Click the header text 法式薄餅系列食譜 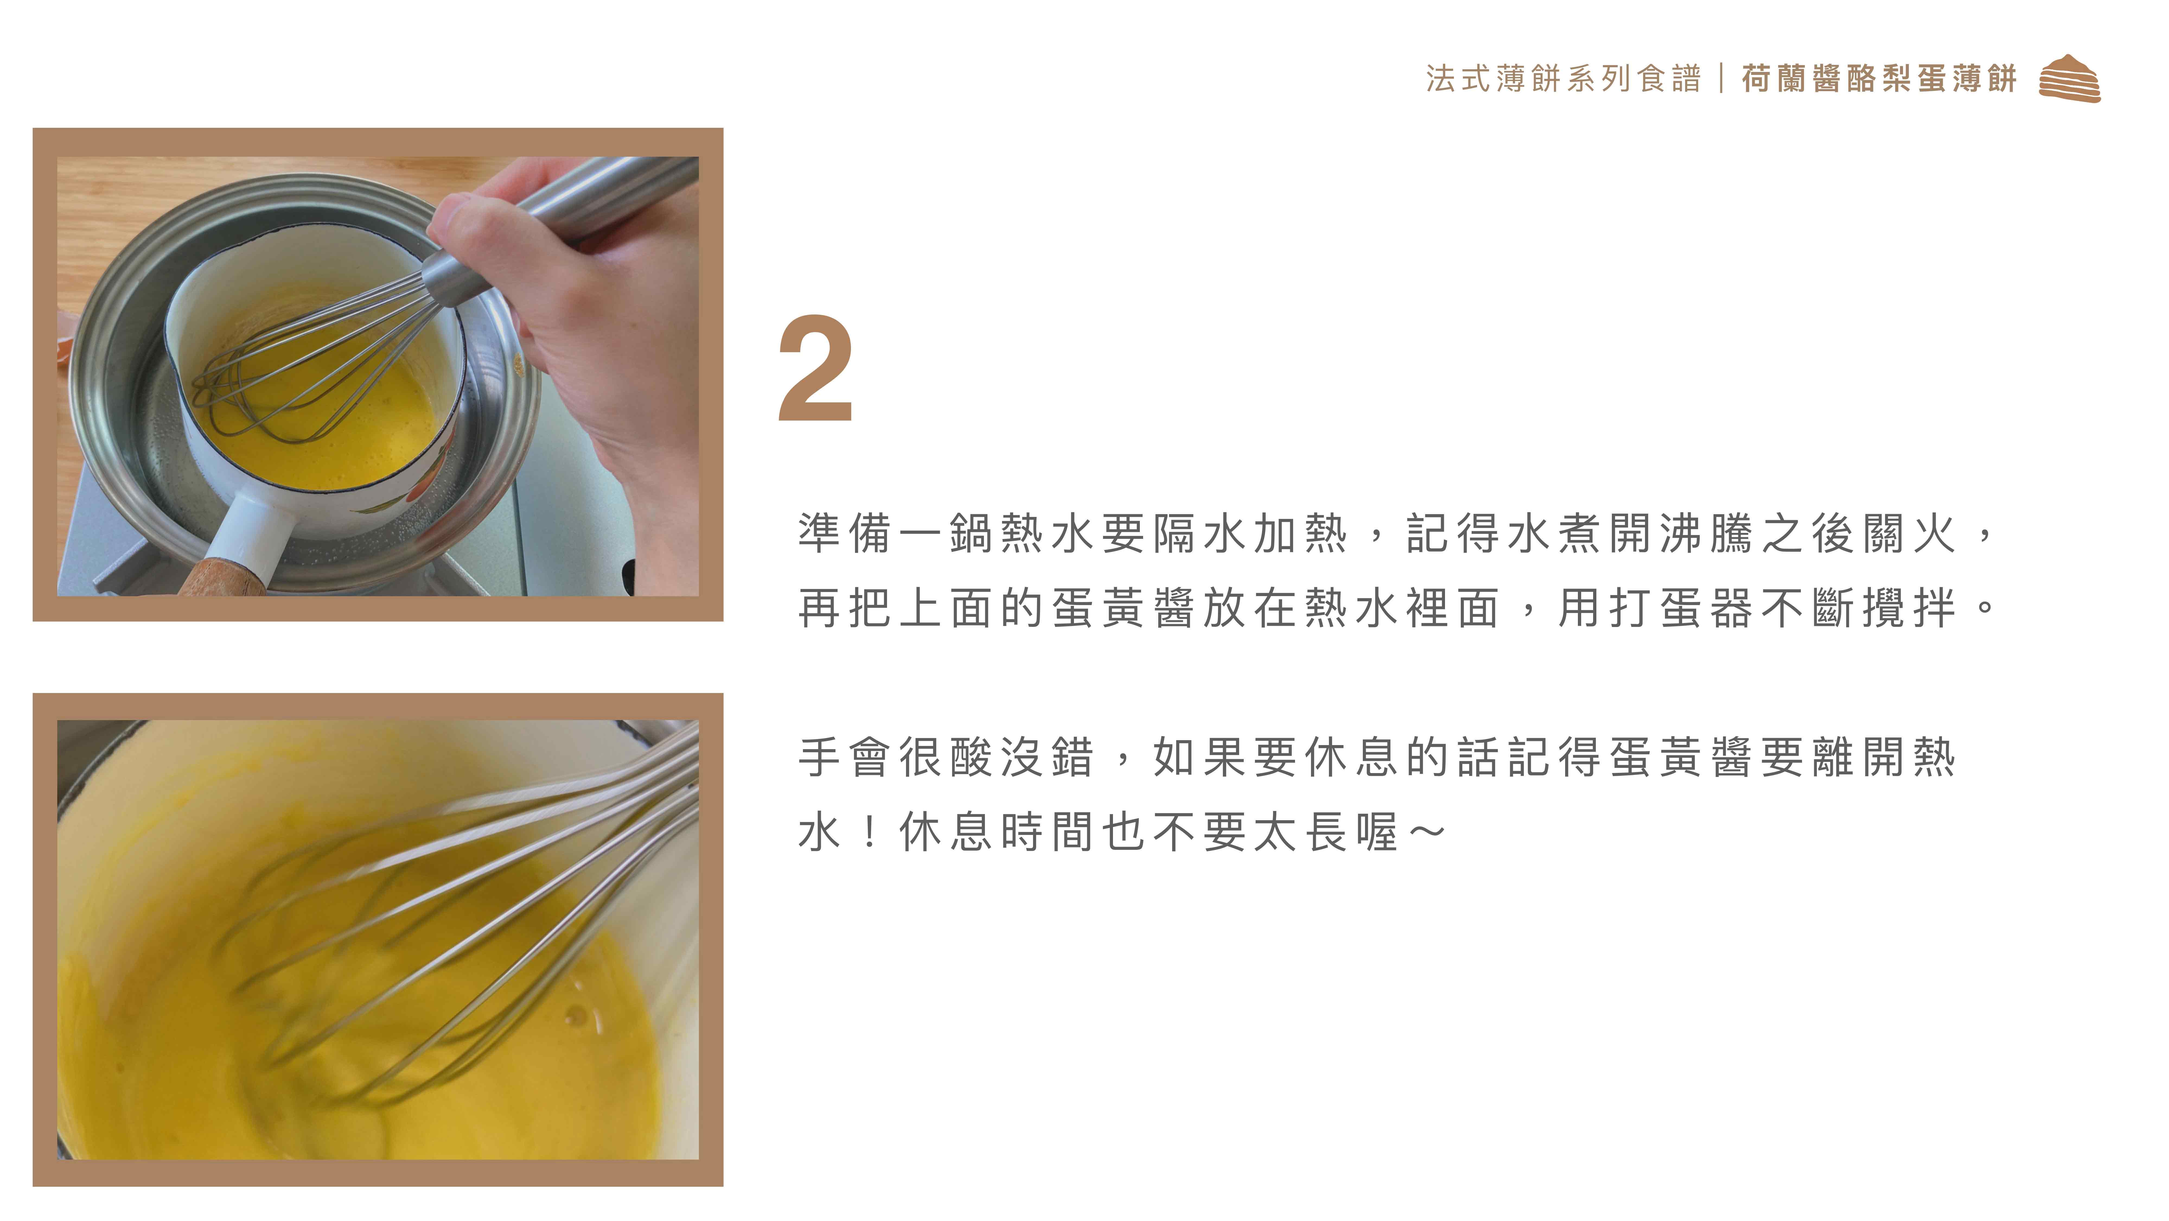coord(1563,78)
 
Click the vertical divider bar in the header coord(1721,78)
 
